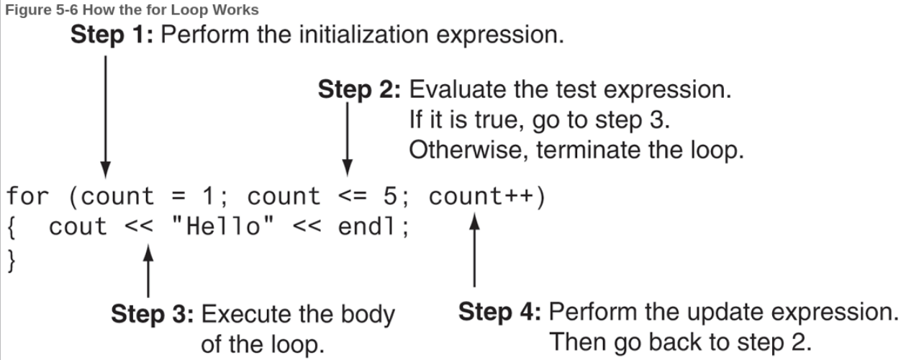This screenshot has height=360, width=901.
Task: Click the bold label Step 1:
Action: tap(112, 35)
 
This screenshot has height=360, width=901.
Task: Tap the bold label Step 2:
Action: tap(359, 90)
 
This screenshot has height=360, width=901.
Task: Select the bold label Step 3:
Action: tap(152, 314)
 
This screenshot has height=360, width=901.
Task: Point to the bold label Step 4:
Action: tap(499, 312)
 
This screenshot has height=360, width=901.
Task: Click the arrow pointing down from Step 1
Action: tap(105, 117)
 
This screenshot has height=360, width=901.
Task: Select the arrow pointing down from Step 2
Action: tap(348, 139)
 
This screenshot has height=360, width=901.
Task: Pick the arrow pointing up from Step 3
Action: tap(148, 271)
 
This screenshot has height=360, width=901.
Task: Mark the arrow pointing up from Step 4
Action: tap(475, 250)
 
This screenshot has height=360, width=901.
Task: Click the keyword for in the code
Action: tap(28, 197)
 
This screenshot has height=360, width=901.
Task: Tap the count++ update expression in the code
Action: tap(481, 197)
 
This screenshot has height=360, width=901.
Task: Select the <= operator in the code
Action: tap(353, 197)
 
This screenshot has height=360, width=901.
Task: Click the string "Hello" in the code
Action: tap(222, 226)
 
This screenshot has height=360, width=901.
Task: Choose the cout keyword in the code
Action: tap(78, 227)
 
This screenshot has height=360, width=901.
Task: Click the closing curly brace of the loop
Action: tap(12, 261)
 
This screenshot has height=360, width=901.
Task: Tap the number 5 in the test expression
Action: tap(390, 197)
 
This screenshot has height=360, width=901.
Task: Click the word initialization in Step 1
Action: tap(364, 35)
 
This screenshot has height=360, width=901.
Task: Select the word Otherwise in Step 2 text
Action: tap(468, 150)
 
